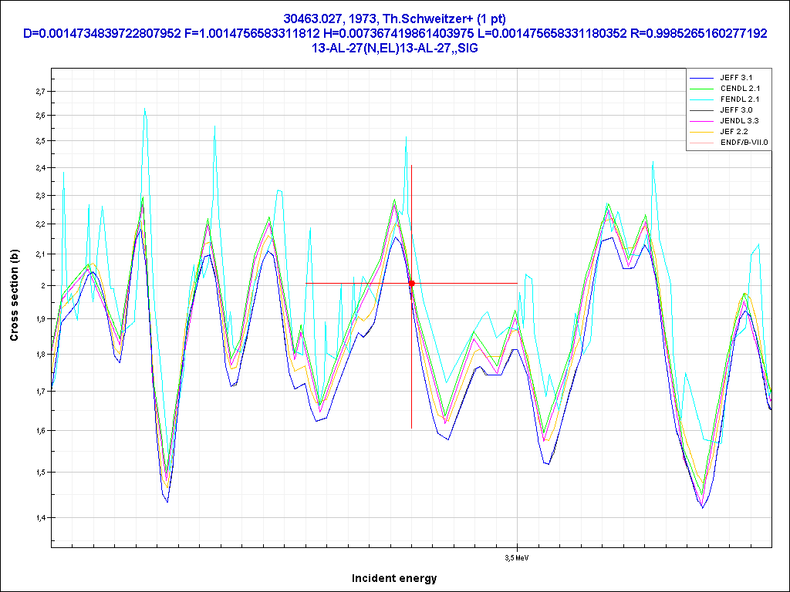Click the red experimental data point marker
pyautogui.click(x=411, y=284)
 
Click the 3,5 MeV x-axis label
pyautogui.click(x=517, y=557)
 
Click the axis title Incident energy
pyautogui.click(x=394, y=578)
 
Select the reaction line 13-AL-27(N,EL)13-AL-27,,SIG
pyautogui.click(x=394, y=47)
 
